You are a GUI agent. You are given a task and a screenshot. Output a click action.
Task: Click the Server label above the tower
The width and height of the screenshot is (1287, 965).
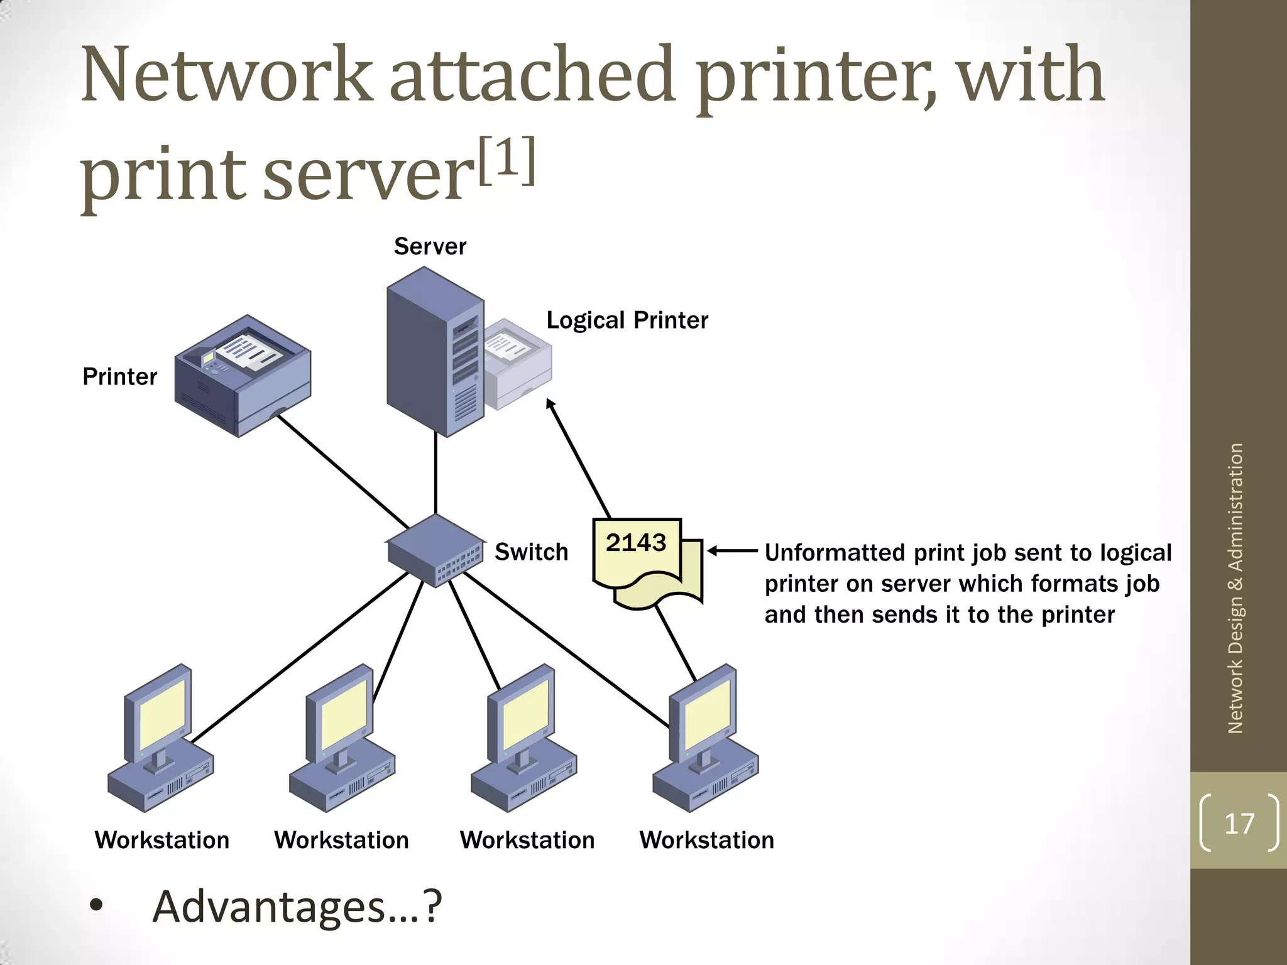[x=430, y=246]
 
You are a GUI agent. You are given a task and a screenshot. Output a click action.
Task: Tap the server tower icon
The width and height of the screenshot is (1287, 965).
[x=434, y=352]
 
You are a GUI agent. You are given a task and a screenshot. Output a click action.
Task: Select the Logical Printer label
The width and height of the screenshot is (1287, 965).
[x=627, y=320]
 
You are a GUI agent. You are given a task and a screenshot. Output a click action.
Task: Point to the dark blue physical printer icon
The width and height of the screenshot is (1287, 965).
[x=243, y=376]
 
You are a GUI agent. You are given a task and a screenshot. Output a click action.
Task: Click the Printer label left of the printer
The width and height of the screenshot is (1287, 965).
[x=119, y=377]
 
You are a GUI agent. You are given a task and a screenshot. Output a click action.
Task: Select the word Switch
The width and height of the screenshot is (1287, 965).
[x=531, y=552]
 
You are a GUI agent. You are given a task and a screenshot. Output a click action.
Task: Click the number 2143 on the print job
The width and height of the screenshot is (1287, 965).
[x=635, y=542]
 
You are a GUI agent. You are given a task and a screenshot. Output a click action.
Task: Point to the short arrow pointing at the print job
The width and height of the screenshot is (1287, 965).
[x=732, y=551]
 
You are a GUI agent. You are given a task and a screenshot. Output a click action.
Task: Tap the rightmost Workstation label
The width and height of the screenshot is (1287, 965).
[x=706, y=840]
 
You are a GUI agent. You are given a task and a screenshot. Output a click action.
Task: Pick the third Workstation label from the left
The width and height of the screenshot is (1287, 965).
[x=527, y=840]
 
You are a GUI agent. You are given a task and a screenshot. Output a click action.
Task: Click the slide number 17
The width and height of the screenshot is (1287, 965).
[x=1239, y=823]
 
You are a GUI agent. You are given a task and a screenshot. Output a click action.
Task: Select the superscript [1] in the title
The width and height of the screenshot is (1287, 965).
[x=507, y=161]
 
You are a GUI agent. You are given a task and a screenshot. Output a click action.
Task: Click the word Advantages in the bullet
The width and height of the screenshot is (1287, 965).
[x=269, y=907]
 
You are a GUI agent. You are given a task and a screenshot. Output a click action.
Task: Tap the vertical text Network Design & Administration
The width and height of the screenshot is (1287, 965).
[x=1235, y=588]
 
